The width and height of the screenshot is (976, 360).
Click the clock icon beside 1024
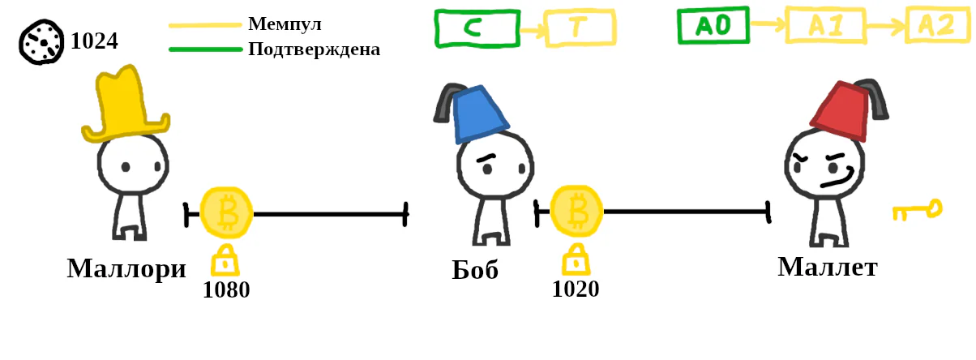(41, 42)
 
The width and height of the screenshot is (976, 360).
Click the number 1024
(94, 41)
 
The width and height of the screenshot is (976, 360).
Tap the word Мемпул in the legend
(285, 24)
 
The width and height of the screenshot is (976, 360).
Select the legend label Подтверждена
(315, 49)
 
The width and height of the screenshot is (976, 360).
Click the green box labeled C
(477, 28)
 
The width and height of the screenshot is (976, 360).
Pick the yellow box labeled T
(580, 28)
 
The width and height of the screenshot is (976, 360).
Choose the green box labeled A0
(713, 25)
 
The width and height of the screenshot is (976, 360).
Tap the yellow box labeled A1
(826, 25)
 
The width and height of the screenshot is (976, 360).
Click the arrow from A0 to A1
(768, 24)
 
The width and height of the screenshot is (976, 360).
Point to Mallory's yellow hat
(125, 105)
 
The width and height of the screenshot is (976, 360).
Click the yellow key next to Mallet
(917, 210)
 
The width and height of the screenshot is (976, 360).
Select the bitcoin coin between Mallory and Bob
(227, 212)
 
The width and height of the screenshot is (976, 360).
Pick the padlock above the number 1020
(576, 259)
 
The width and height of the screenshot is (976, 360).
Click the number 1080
(226, 289)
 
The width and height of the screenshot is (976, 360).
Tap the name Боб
(475, 270)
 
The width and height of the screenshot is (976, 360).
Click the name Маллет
(828, 267)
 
